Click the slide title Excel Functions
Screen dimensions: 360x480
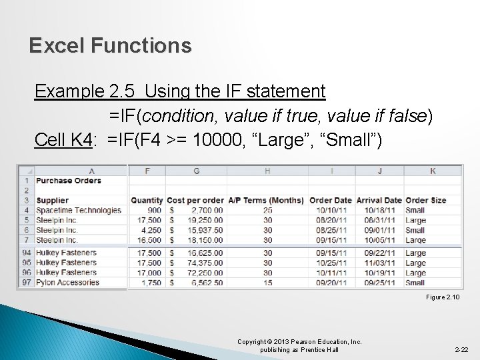(110, 45)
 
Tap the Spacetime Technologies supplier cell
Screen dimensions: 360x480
(79, 210)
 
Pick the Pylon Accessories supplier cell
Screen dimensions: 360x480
(67, 283)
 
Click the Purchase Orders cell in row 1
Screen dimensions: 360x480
(68, 180)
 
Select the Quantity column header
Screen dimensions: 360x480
(147, 200)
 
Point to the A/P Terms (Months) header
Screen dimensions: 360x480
(266, 200)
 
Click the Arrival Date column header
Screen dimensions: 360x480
(379, 200)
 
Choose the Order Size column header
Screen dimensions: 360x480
(425, 200)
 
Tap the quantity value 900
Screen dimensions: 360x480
(155, 210)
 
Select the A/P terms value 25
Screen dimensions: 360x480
(267, 210)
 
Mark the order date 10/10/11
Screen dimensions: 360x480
(331, 210)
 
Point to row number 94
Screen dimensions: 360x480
(26, 253)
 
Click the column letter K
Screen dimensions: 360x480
(433, 171)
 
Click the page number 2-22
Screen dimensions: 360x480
(462, 349)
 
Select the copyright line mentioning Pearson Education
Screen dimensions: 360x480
(299, 342)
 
